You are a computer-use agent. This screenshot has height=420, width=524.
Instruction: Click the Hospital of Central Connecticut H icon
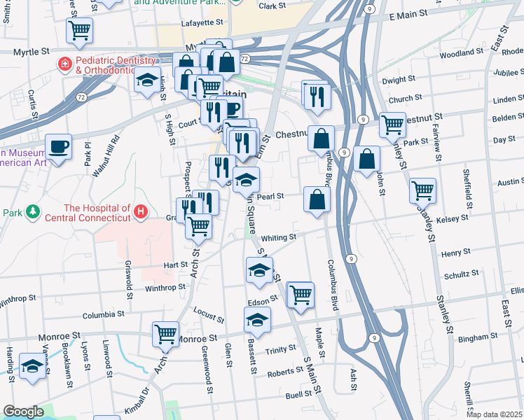(142, 210)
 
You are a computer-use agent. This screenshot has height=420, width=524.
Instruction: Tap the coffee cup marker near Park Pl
(58, 147)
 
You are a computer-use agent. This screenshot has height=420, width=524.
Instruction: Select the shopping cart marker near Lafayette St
(80, 31)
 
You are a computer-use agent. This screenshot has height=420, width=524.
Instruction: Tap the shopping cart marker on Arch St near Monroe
(166, 334)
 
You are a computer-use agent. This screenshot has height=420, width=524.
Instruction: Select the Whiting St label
(280, 238)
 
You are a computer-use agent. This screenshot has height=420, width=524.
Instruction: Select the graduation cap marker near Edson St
(257, 321)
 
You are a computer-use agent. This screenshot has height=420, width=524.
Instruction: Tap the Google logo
(23, 412)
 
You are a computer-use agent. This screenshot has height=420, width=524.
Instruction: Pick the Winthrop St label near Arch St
(165, 287)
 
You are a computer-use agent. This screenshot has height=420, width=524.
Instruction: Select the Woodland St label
(462, 53)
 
